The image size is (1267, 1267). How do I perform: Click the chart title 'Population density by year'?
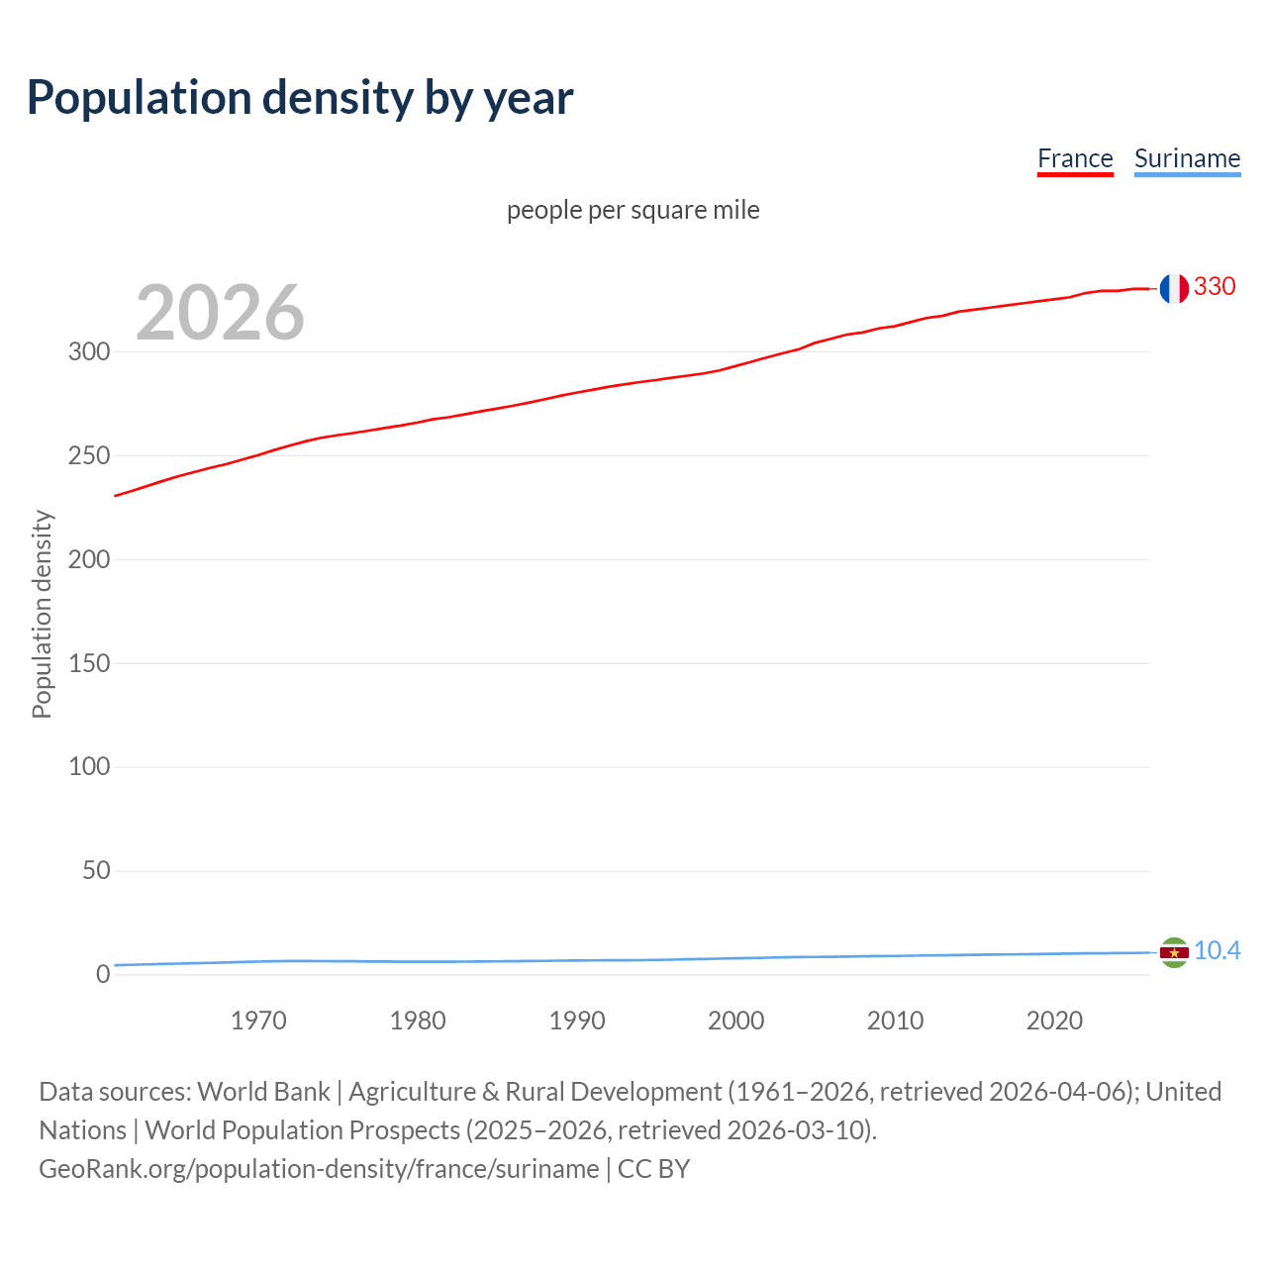coord(300,97)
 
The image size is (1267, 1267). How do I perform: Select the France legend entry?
coord(1075,158)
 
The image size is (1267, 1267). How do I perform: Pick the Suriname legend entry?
coord(1187,158)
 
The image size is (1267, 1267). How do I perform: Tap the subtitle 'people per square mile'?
coord(633,210)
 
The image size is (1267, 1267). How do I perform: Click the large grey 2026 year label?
coord(220,313)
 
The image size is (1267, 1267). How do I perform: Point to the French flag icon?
coord(1174,288)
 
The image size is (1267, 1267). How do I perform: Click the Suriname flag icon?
coord(1174,952)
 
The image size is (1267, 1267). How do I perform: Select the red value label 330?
coord(1215,287)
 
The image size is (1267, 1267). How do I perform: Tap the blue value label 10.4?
coord(1217,951)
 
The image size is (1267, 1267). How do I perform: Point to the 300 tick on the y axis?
coord(89,352)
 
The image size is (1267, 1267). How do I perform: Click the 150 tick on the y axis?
coord(89,663)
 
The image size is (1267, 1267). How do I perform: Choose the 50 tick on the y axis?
coord(96,871)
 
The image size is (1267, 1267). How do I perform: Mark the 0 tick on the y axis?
coord(103,975)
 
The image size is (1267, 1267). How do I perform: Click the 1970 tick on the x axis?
coord(258,1021)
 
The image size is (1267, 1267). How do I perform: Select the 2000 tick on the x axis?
coord(735,1021)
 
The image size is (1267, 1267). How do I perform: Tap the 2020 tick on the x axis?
coord(1054,1021)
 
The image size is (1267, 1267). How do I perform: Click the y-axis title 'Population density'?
coord(42,614)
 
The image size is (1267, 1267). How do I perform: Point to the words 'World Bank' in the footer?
coord(263,1092)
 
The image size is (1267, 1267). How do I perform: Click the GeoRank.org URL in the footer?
coord(319,1169)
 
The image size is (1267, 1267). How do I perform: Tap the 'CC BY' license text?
coord(653,1169)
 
